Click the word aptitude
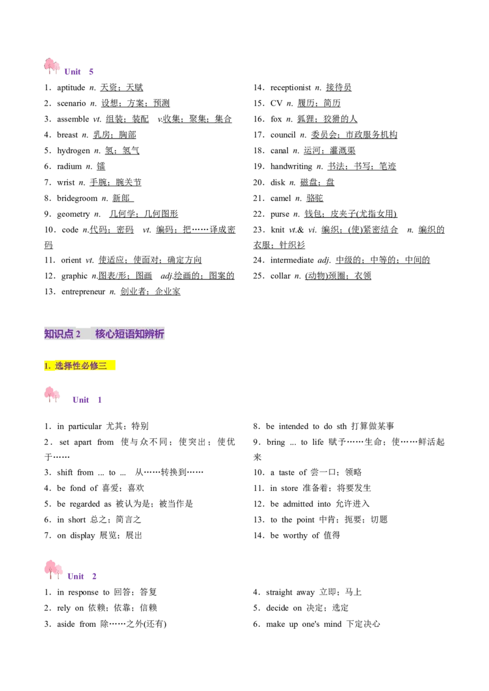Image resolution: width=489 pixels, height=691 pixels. (71, 88)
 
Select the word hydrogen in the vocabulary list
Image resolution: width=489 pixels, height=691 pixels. (73, 151)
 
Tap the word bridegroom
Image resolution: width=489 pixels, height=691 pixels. (77, 198)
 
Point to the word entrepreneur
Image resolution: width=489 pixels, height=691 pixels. (83, 292)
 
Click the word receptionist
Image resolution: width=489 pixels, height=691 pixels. (290, 88)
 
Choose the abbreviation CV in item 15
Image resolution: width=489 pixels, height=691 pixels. (276, 103)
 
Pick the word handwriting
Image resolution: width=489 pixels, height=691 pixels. (292, 167)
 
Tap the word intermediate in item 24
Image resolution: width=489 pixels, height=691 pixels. (292, 260)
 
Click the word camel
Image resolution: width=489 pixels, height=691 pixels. (281, 198)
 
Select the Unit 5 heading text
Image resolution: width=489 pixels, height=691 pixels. (79, 72)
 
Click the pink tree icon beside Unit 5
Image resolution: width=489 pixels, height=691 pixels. (51, 66)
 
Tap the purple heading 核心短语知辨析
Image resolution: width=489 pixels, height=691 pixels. (130, 334)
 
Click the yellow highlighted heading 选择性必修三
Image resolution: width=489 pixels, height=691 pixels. (81, 365)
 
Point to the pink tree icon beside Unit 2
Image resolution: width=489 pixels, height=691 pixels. (53, 570)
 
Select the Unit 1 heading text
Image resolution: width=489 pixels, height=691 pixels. (87, 400)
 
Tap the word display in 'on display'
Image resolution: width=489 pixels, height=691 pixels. (83, 536)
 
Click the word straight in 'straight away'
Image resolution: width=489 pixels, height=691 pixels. (279, 592)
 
